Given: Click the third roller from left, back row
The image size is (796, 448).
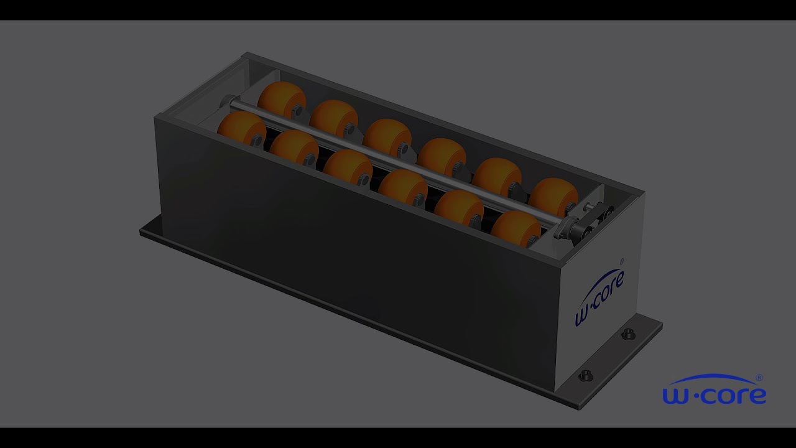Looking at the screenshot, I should click(x=387, y=136).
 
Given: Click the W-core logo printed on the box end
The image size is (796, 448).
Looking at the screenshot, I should click(x=599, y=297).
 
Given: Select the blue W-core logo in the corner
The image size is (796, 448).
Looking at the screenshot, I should click(x=714, y=390).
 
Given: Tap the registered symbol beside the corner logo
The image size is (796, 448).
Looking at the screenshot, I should click(x=759, y=378).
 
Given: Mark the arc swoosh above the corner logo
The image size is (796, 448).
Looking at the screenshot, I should click(x=712, y=378).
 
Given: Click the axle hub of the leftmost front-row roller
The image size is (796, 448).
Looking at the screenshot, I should click(x=256, y=141).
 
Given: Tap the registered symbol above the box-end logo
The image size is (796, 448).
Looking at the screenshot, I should click(x=622, y=261).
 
